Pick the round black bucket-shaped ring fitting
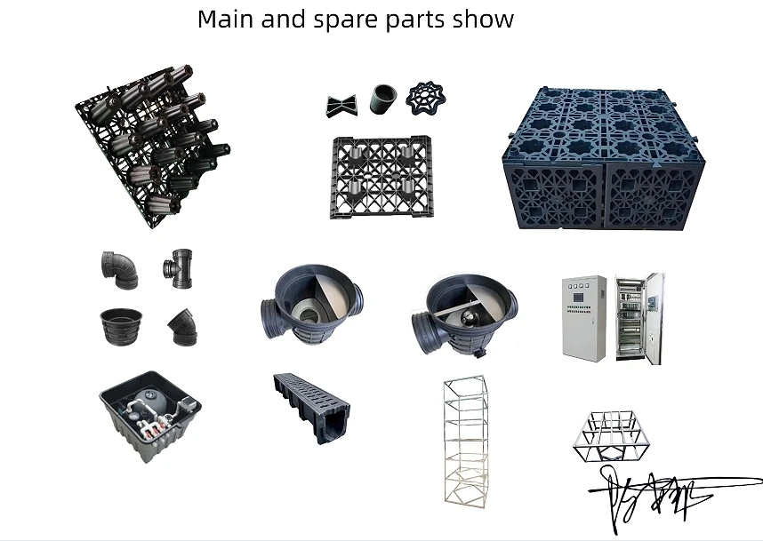coord(119,325)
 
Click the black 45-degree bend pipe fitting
coord(181,326)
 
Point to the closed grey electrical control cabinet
coord(583,317)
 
